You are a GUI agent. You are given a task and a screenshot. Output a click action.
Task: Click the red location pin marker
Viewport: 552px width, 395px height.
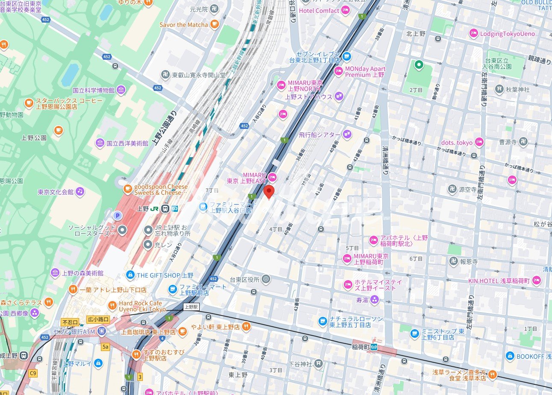pos(269,192)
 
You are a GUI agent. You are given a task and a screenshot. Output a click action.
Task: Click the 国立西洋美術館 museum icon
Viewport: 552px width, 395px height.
pos(100,143)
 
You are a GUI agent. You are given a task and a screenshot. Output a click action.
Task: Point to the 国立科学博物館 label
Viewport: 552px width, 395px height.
pos(93,90)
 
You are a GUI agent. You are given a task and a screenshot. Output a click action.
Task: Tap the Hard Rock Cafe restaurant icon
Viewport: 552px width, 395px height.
pos(112,305)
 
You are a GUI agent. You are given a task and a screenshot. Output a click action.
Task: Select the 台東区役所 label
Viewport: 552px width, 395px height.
pos(245,280)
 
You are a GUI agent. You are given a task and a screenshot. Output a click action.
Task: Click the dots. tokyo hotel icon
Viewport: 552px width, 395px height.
pos(479,142)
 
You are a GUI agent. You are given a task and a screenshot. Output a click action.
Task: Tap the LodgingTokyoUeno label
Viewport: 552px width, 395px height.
pos(507,34)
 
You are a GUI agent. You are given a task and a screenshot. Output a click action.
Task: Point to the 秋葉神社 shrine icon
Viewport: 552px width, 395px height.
pos(499,89)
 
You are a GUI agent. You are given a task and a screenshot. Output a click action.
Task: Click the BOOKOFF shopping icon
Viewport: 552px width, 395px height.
pos(509,356)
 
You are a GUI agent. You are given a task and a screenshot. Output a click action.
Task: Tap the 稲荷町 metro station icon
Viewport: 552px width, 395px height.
pos(374,347)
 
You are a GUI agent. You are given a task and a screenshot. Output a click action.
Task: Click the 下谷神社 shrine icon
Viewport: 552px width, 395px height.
pos(319,364)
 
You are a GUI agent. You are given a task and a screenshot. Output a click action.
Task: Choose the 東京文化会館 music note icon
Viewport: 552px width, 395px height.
pos(80,192)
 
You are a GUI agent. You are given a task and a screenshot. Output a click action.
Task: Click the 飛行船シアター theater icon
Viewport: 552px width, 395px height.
pos(347,135)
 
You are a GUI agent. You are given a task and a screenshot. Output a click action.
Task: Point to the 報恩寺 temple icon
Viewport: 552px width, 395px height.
pos(454,261)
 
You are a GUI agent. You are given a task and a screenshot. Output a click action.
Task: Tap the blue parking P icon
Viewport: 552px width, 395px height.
pos(118,215)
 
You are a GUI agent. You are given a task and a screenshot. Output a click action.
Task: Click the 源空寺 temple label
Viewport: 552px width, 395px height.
pos(468,189)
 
